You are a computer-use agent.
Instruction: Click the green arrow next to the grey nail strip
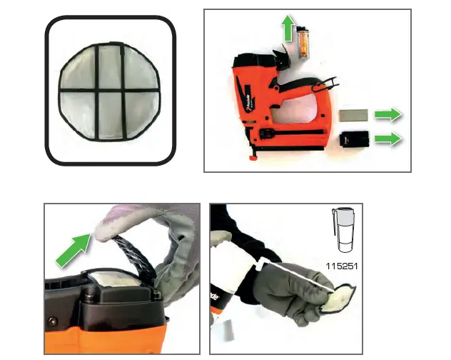(388, 114)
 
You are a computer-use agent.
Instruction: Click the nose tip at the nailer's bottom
(250, 155)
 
